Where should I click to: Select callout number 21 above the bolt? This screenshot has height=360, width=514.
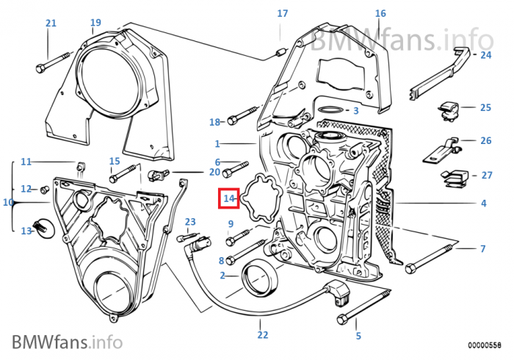click(x=51, y=24)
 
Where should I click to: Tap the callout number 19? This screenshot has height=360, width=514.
click(x=95, y=23)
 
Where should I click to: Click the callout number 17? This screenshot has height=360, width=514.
click(x=283, y=14)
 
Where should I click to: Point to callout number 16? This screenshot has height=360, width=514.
click(x=380, y=13)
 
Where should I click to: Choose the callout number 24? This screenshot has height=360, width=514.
click(x=485, y=55)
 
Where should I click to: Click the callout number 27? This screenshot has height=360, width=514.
click(x=485, y=175)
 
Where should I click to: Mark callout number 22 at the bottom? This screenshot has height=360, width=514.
click(x=263, y=336)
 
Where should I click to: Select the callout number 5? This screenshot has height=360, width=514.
click(x=358, y=336)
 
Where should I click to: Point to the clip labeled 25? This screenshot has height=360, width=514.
click(x=447, y=109)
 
